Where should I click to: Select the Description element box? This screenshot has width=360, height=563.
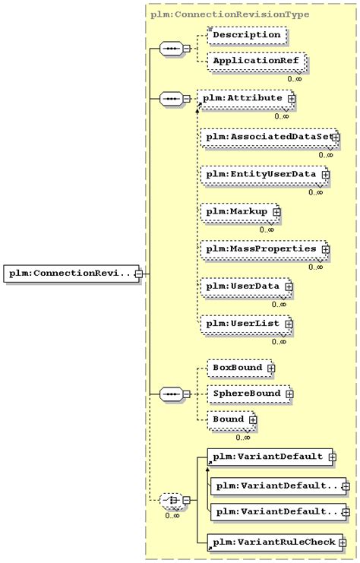246,34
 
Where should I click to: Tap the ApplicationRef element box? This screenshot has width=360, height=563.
249,60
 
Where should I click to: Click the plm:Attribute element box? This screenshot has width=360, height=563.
242,98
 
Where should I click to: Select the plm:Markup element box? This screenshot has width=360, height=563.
235,211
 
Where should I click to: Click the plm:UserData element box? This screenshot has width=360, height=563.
242,286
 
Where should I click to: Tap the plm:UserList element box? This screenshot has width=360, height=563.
242,324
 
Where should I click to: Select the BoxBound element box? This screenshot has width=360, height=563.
236,368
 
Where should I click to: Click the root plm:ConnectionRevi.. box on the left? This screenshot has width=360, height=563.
69,273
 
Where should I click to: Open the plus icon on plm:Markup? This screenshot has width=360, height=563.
276,212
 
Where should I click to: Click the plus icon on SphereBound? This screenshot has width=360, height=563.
289,394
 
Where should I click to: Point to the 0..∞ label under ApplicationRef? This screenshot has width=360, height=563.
295,77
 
